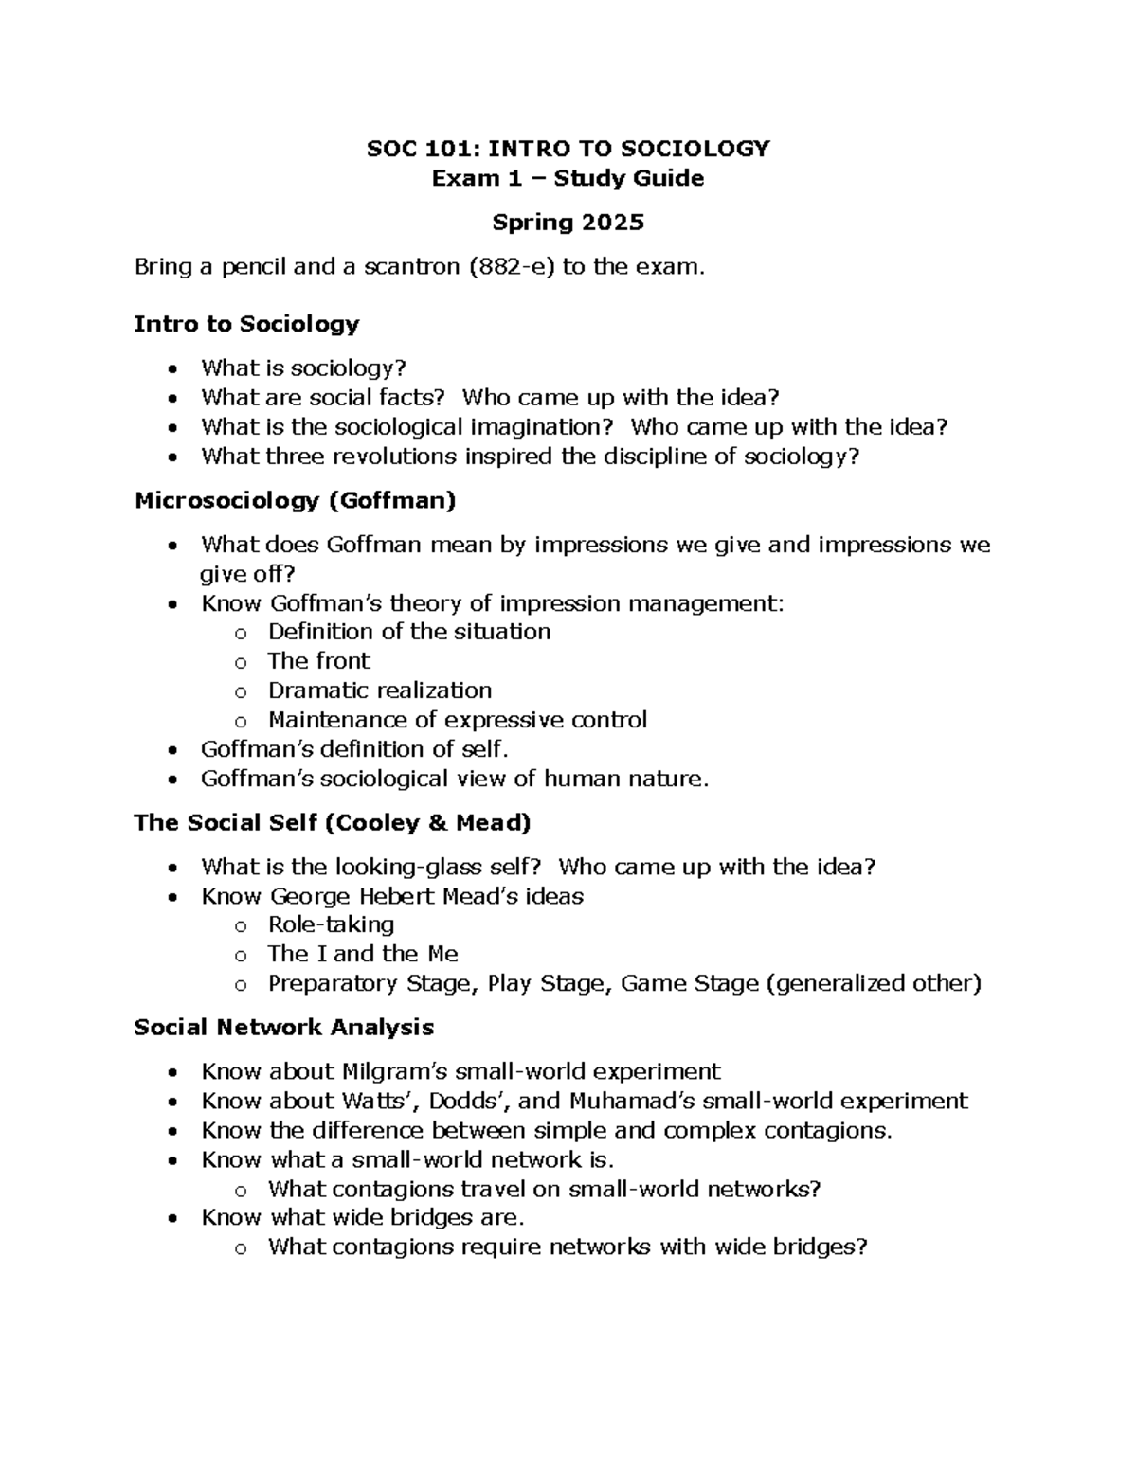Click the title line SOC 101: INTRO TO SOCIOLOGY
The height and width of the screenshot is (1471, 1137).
(x=568, y=149)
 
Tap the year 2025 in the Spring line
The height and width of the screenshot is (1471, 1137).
(x=613, y=223)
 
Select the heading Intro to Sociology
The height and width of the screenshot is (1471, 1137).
(x=246, y=324)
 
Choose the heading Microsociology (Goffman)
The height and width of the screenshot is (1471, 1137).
(x=295, y=500)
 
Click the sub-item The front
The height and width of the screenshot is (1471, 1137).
(x=318, y=661)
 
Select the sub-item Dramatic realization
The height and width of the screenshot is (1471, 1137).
(x=379, y=691)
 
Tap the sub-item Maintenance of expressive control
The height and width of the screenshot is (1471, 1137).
(x=457, y=720)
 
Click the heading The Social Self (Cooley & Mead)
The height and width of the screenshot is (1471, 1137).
(x=333, y=822)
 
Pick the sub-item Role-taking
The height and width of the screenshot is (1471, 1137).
(x=331, y=924)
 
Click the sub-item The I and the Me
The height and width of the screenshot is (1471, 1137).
(x=362, y=954)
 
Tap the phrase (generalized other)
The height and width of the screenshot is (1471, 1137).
(x=873, y=983)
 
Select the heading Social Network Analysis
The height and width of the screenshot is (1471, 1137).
(x=284, y=1028)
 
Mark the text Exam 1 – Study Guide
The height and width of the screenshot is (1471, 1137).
(x=568, y=178)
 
